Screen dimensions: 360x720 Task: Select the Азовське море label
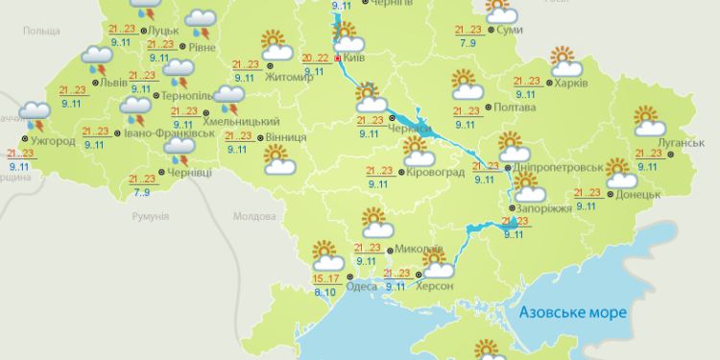[x=571, y=313]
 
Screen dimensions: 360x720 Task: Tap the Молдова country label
[x=254, y=217]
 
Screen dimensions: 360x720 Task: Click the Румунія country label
[x=150, y=217]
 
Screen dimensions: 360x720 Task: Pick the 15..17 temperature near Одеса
[x=325, y=278]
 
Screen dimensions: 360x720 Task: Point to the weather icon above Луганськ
[x=650, y=121]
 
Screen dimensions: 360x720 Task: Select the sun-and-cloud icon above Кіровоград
[x=416, y=151]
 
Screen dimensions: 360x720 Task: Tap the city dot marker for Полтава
[x=488, y=107]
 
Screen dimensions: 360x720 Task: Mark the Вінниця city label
[x=287, y=137]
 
